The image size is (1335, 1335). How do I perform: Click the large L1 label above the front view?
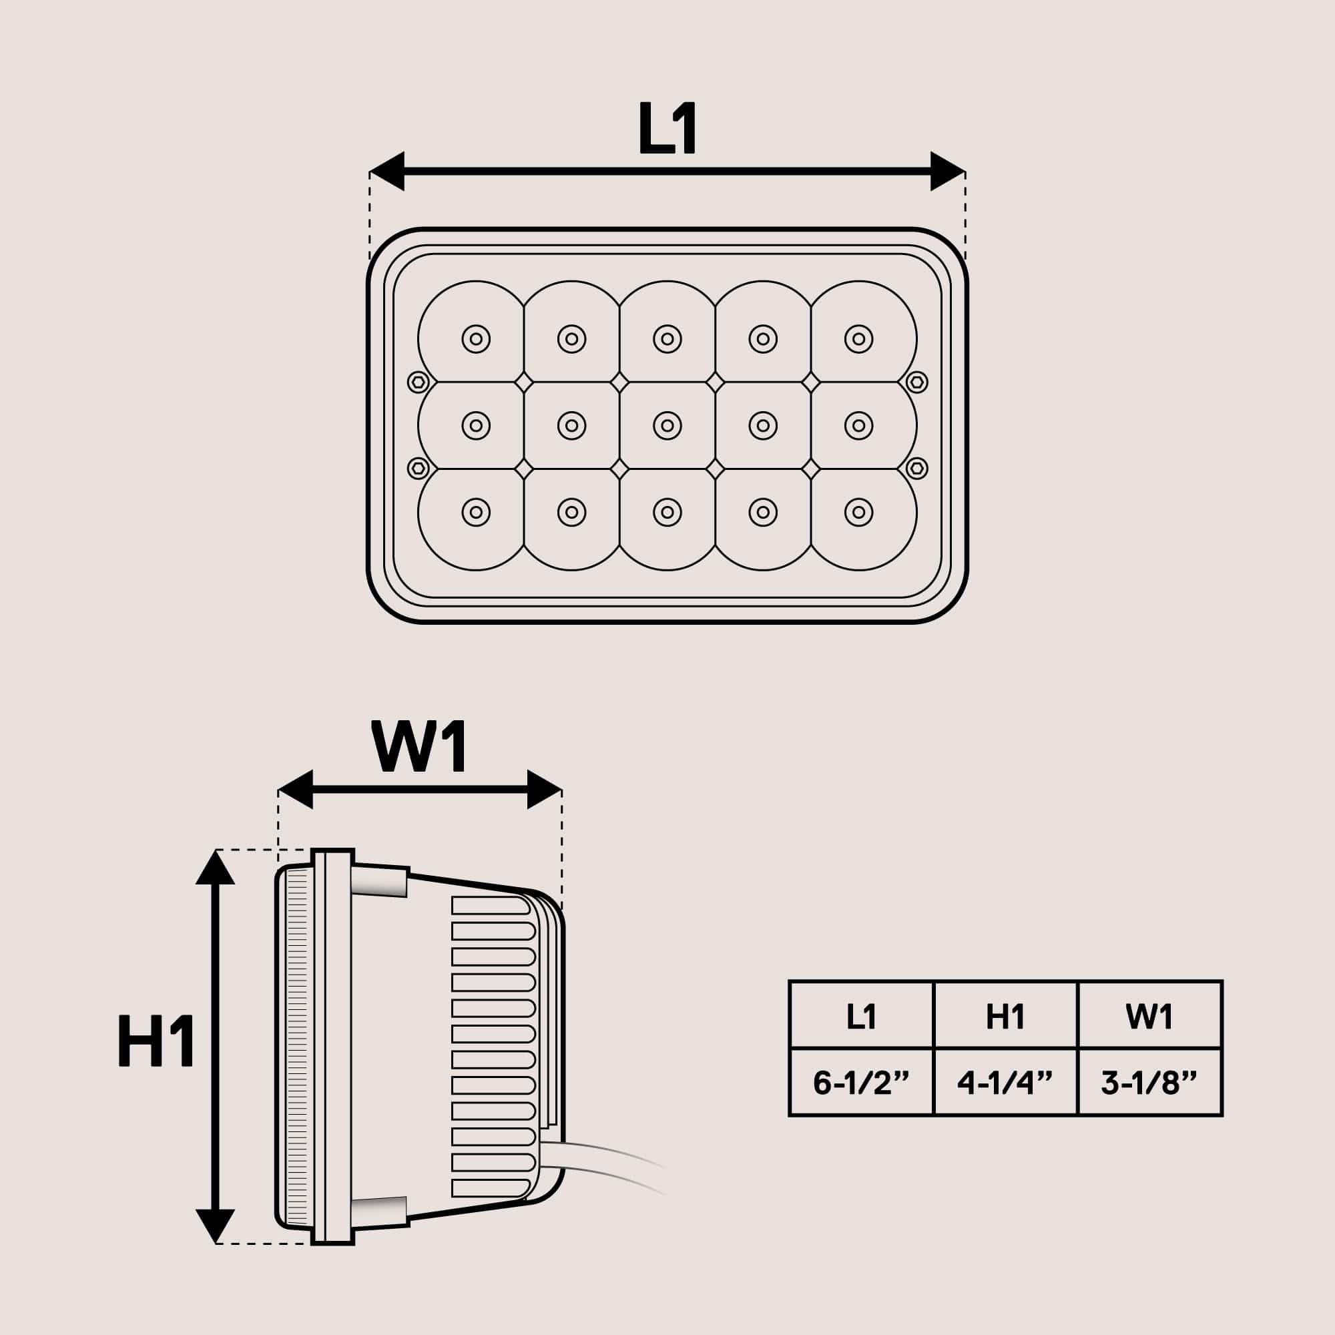click(x=667, y=129)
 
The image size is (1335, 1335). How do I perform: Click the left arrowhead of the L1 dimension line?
click(x=387, y=171)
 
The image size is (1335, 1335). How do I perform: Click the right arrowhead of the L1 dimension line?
click(x=947, y=171)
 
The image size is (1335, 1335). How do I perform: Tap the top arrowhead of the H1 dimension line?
click(x=215, y=866)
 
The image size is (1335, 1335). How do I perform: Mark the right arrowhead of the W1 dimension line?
click(x=545, y=789)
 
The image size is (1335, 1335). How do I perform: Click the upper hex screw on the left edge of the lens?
click(x=418, y=382)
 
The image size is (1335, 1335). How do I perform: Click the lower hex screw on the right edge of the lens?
click(x=916, y=468)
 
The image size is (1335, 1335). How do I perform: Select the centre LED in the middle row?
click(x=667, y=426)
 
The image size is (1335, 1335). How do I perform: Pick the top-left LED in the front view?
click(x=475, y=339)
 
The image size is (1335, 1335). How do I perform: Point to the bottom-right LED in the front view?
click(x=858, y=512)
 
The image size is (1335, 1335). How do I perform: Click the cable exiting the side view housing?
click(x=608, y=1163)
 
